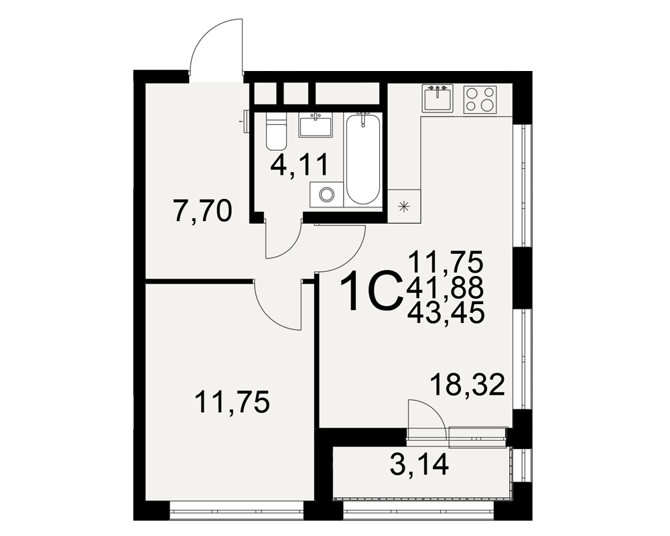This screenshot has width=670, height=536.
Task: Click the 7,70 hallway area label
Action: point(203,212)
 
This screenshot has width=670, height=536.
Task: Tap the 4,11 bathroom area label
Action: point(299,165)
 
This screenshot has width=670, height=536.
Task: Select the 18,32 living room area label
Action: point(468,385)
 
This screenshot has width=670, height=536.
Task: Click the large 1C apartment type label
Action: point(371,291)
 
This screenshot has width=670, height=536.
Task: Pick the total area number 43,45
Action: point(446,312)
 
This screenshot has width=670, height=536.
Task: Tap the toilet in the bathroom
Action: point(275,131)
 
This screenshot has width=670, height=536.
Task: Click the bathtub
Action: point(362,159)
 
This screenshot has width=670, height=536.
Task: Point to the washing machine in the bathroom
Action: point(327,195)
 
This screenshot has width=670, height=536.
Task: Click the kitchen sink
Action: point(438,98)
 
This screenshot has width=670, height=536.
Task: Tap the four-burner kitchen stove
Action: point(480,100)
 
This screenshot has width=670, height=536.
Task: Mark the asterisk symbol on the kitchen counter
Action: point(403,207)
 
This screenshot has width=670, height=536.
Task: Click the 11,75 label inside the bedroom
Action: point(232,403)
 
